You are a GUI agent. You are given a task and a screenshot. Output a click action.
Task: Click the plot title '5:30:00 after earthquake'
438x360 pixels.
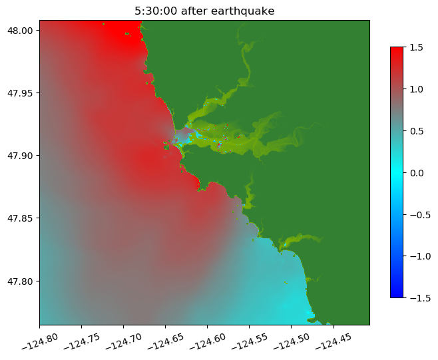pyautogui.click(x=204, y=11)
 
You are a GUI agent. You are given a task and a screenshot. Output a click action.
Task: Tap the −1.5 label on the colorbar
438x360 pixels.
pyautogui.click(x=415, y=297)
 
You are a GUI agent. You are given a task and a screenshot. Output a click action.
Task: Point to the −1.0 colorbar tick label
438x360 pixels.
pyautogui.click(x=415, y=256)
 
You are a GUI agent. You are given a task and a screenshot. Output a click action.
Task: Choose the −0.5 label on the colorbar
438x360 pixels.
pyautogui.click(x=415, y=214)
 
